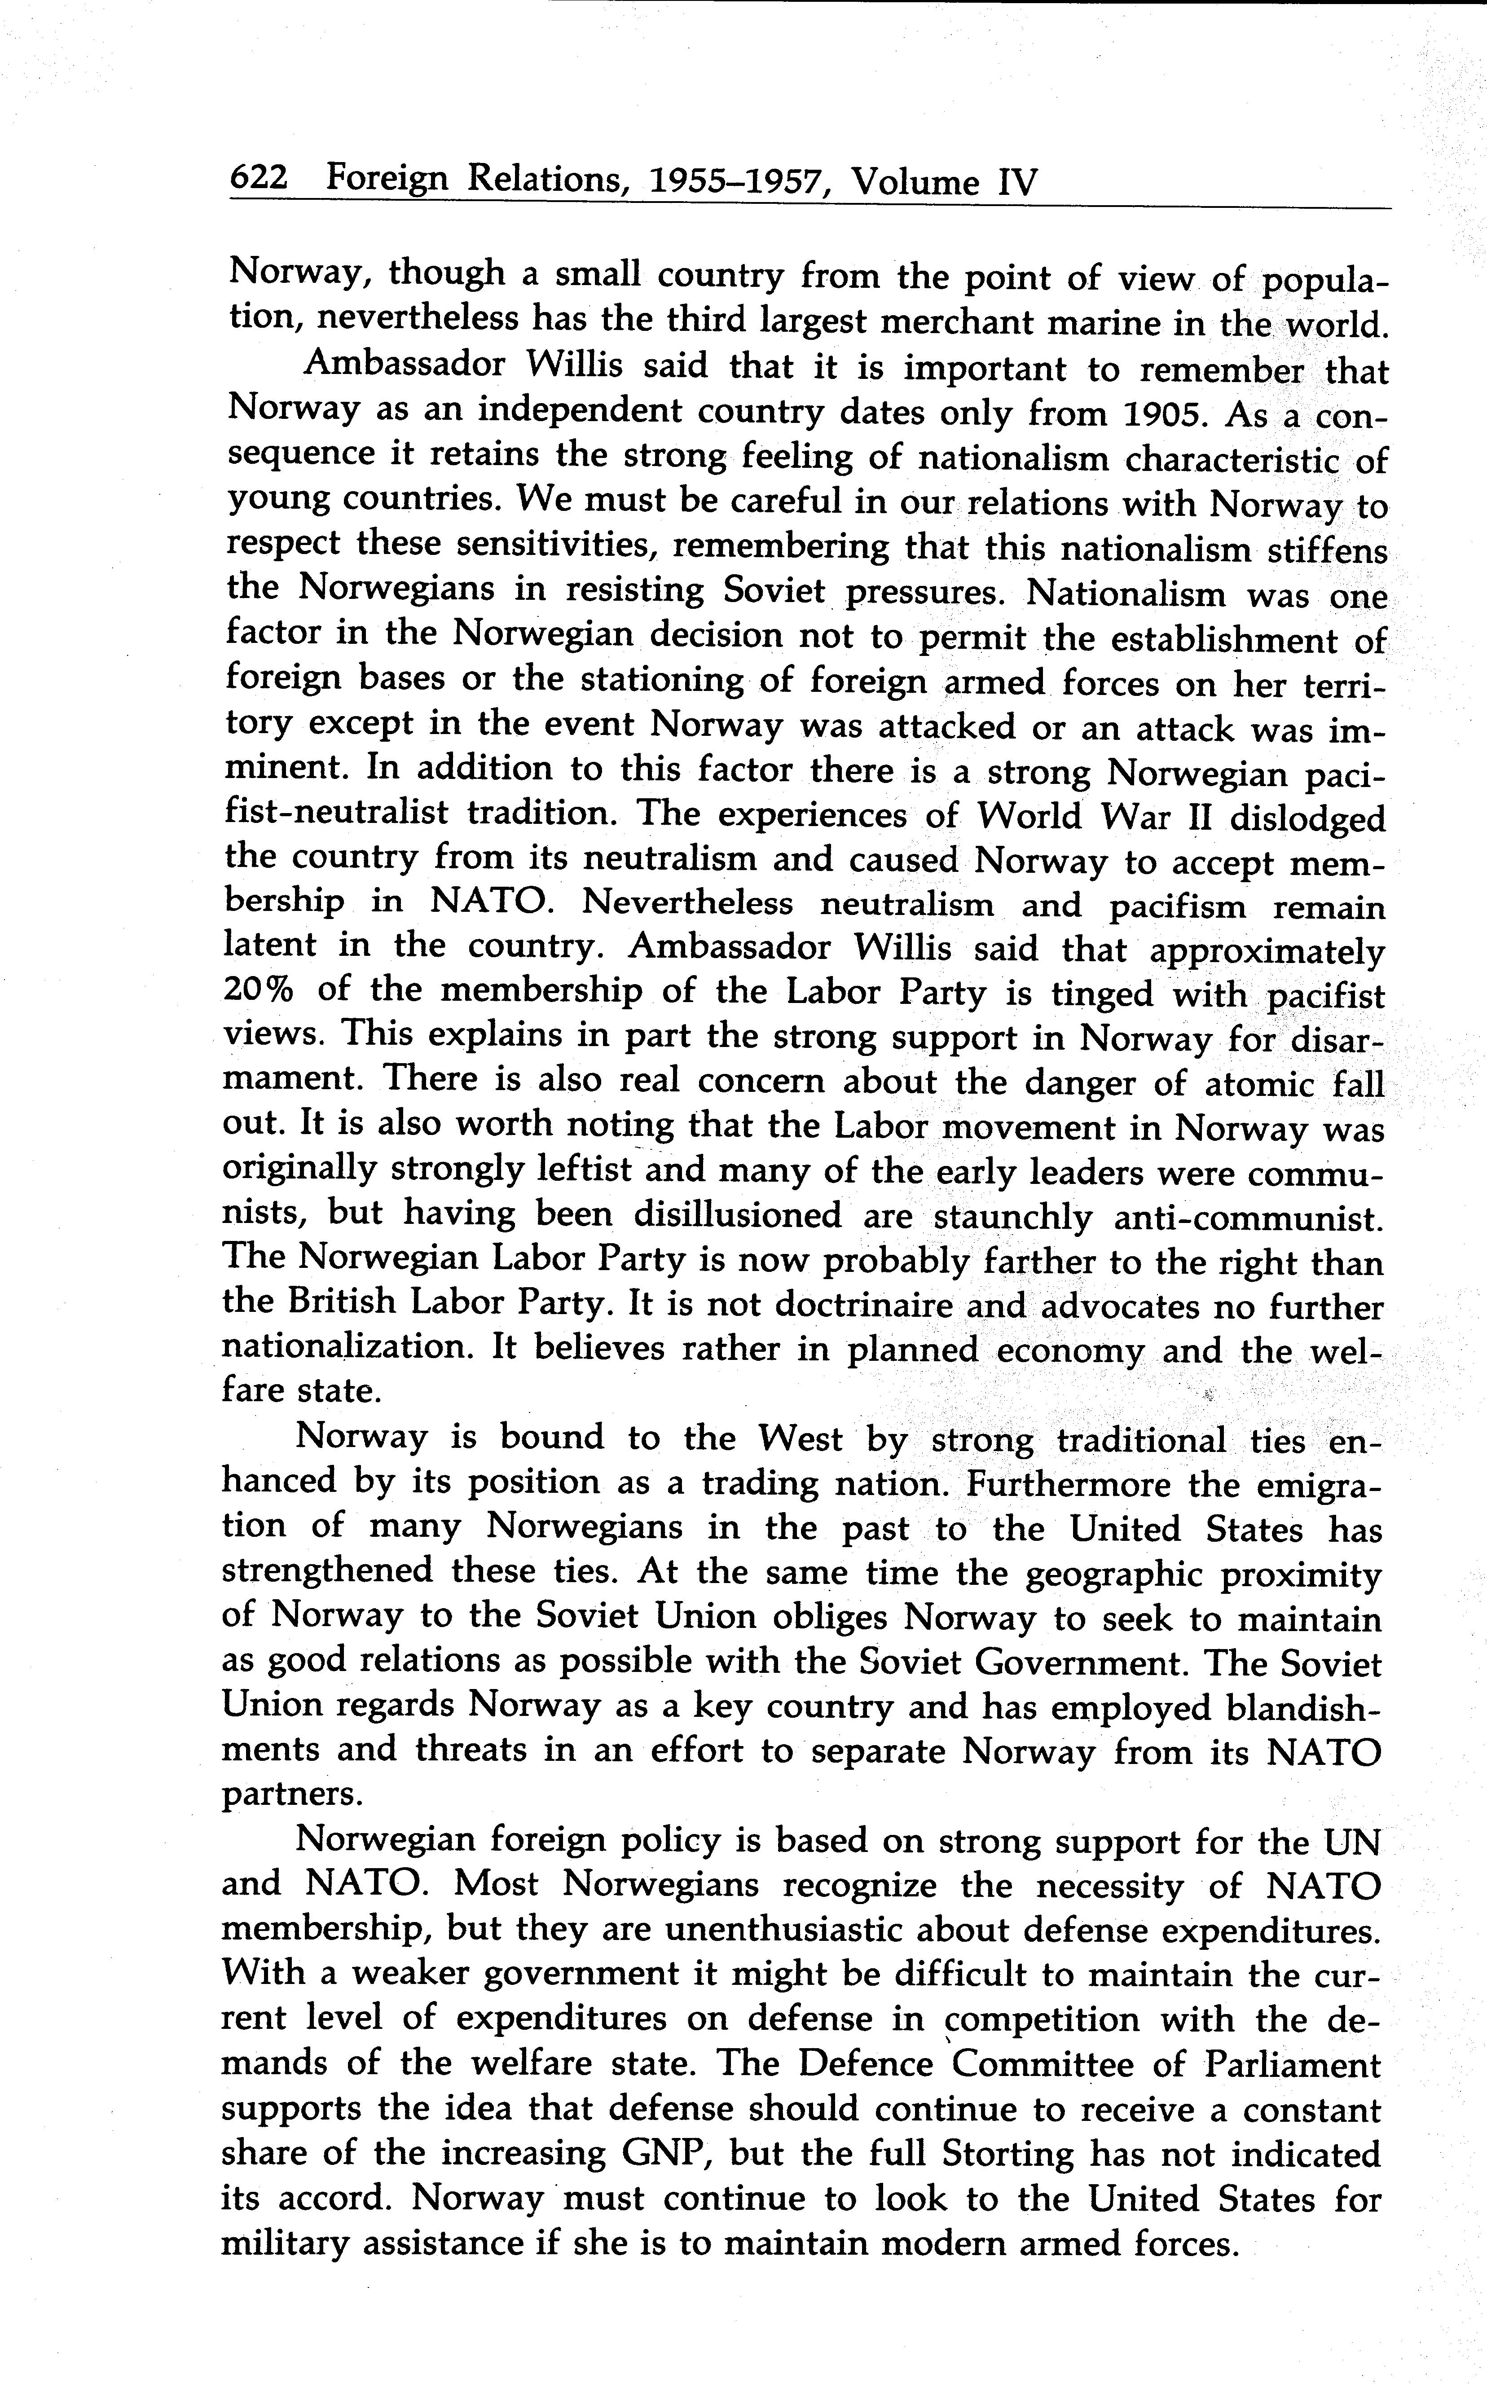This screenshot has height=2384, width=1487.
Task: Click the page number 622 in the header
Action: [x=258, y=178]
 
